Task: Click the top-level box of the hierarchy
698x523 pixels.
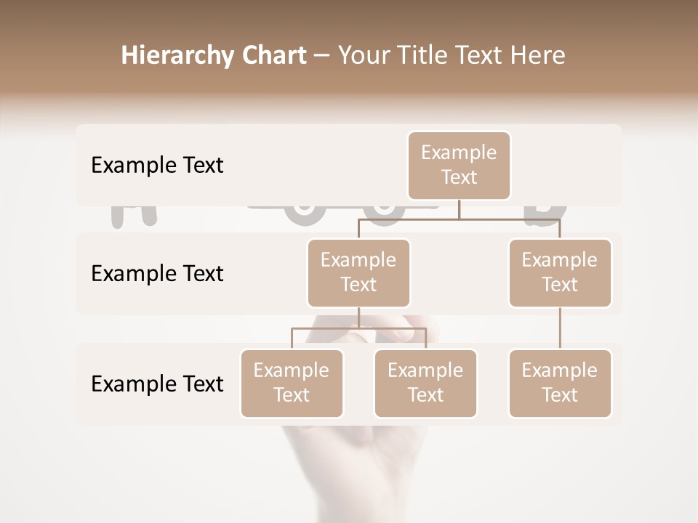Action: tap(459, 165)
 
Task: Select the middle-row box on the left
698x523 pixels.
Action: tap(358, 272)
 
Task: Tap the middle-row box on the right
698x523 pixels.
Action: tap(560, 272)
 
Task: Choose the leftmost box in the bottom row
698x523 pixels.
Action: tap(292, 383)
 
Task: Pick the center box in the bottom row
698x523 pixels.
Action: tap(425, 383)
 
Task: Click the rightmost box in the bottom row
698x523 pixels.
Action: tap(560, 383)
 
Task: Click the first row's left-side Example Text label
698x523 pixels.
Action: tap(157, 166)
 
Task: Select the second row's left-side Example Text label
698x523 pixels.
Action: tap(157, 274)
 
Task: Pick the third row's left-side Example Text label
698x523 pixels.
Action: tap(157, 384)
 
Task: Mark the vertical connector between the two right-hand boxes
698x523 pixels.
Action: tap(560, 328)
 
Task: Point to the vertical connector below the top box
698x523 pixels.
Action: tap(459, 209)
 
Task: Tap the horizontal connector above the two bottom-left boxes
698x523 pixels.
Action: tap(358, 328)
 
